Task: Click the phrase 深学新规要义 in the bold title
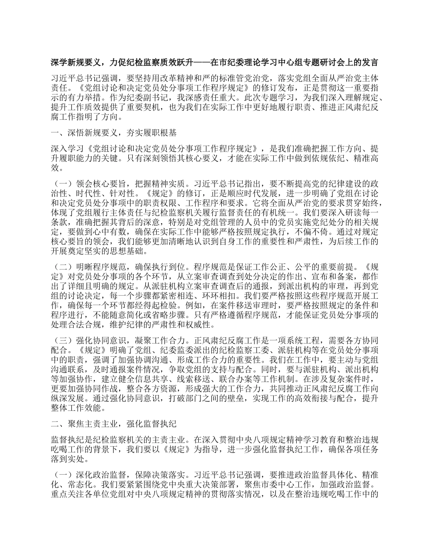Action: pyautogui.click(x=76, y=62)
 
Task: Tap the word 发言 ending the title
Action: pyautogui.click(x=370, y=62)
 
